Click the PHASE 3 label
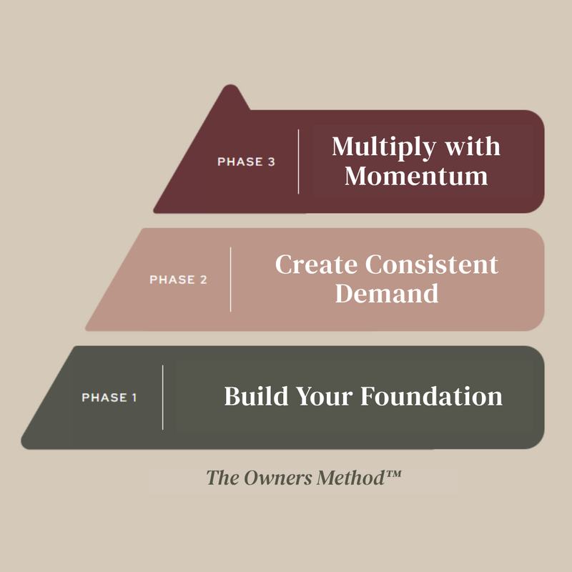pyautogui.click(x=246, y=162)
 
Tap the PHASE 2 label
pyautogui.click(x=178, y=280)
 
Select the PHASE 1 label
pyautogui.click(x=109, y=398)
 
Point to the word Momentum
pyautogui.click(x=416, y=176)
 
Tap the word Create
pyautogui.click(x=316, y=264)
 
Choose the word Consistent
pyautogui.click(x=432, y=264)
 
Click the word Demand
pyautogui.click(x=387, y=293)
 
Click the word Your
pyautogui.click(x=325, y=396)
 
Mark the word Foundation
pyautogui.click(x=432, y=396)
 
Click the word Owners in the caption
pyautogui.click(x=278, y=478)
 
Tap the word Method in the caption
pyautogui.click(x=350, y=478)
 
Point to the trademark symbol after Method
pyautogui.click(x=393, y=473)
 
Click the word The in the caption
pyautogui.click(x=223, y=478)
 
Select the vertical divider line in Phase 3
pyautogui.click(x=298, y=162)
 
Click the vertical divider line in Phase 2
pyautogui.click(x=230, y=280)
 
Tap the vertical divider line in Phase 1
pyautogui.click(x=163, y=398)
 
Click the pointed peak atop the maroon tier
pyautogui.click(x=230, y=86)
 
